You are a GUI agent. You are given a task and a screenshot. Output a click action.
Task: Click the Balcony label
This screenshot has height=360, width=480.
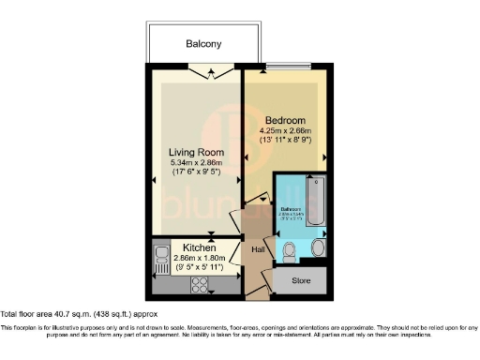pos(202,44)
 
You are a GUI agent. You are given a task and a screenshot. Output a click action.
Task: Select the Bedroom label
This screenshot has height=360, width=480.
pos(284,121)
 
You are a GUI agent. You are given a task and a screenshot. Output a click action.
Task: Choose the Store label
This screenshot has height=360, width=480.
pos(301,278)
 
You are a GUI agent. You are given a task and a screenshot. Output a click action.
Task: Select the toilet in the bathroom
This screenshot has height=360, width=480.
pos(291,249)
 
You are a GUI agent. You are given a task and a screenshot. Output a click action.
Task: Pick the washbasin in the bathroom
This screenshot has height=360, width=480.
pos(320,248)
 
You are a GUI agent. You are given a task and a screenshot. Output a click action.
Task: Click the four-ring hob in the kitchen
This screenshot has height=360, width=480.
pos(202,283)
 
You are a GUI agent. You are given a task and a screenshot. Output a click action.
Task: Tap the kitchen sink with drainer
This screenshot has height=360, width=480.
pos(156,259)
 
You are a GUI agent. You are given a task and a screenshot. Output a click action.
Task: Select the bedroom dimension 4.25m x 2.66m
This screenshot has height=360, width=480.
pos(286,131)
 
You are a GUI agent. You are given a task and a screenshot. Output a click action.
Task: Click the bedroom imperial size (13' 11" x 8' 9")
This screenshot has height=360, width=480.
pos(286,142)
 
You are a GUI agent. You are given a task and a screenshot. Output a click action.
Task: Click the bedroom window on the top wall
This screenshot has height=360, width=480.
pos(297,67)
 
